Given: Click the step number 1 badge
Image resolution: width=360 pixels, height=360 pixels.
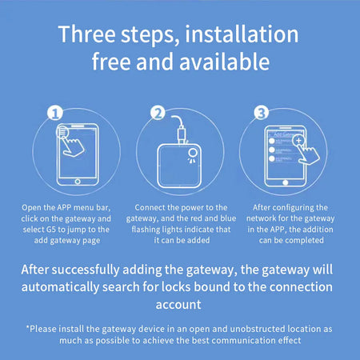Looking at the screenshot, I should [56, 113].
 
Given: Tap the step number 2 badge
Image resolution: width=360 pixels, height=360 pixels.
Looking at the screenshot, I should [158, 113].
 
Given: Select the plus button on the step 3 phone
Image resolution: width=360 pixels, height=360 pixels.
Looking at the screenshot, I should [298, 141].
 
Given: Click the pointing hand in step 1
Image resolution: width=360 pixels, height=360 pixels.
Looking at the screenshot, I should [74, 144].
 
